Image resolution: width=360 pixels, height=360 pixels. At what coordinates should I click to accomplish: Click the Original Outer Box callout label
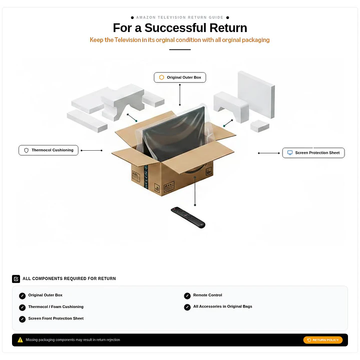click(x=180, y=78)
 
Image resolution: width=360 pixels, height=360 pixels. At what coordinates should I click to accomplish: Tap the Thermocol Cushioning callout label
click(x=49, y=150)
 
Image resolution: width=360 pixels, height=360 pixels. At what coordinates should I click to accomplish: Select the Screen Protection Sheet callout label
click(x=313, y=153)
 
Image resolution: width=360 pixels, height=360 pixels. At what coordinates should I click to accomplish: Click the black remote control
click(x=188, y=217)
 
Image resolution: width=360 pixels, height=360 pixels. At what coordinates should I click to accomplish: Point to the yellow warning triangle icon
click(x=20, y=340)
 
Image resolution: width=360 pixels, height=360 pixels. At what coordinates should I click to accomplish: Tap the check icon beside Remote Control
click(x=187, y=296)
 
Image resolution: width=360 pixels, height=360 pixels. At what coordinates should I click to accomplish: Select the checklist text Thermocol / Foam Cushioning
click(x=56, y=307)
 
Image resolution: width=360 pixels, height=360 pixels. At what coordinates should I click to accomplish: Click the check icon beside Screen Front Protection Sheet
click(x=22, y=319)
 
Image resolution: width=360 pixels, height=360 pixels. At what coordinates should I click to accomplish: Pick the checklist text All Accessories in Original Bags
click(x=222, y=306)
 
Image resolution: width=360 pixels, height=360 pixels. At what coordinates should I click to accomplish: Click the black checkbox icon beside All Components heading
click(x=16, y=279)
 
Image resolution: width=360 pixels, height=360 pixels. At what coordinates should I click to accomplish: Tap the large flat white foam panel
click(x=256, y=94)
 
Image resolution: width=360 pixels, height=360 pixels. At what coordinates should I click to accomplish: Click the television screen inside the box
click(x=174, y=133)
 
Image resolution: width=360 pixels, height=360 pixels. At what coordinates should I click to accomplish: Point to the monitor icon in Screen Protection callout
click(x=290, y=153)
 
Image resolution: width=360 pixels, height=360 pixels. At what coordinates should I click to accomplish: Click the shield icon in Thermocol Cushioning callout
click(x=27, y=150)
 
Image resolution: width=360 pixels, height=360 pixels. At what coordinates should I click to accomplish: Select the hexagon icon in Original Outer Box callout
click(x=162, y=78)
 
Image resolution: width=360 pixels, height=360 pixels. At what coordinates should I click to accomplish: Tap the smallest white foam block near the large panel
click(x=260, y=126)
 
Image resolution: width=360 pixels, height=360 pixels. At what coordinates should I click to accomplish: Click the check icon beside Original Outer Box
click(x=22, y=296)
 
